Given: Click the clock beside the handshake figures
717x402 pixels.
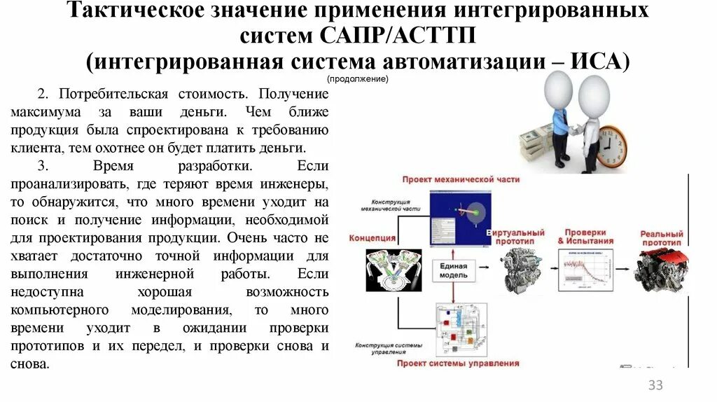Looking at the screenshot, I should pyautogui.click(x=611, y=145).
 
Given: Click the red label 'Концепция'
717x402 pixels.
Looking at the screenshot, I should pyautogui.click(x=371, y=238).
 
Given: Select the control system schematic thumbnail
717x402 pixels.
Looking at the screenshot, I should pyautogui.click(x=458, y=328).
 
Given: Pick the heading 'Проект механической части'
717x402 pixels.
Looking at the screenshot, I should pyautogui.click(x=461, y=179).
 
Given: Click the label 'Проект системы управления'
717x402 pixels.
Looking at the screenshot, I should pyautogui.click(x=458, y=363).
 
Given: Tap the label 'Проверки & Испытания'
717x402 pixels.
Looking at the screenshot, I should pyautogui.click(x=585, y=236).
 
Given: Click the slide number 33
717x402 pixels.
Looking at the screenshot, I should pyautogui.click(x=655, y=384).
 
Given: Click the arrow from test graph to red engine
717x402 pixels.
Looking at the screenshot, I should pyautogui.click(x=624, y=269).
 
